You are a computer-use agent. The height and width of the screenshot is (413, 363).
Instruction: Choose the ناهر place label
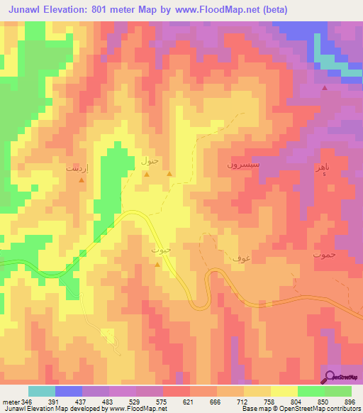tap(322, 166)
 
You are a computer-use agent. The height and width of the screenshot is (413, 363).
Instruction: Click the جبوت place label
tap(162, 250)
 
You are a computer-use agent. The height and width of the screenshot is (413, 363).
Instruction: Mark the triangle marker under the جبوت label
tap(157, 265)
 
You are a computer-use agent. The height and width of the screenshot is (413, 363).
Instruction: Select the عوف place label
tap(239, 259)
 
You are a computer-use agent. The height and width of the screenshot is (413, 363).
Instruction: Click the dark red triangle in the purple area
tap(325, 88)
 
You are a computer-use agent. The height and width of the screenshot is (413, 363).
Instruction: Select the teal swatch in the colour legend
tap(41, 391)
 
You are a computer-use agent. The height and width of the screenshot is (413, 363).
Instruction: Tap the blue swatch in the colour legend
tap(68, 391)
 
